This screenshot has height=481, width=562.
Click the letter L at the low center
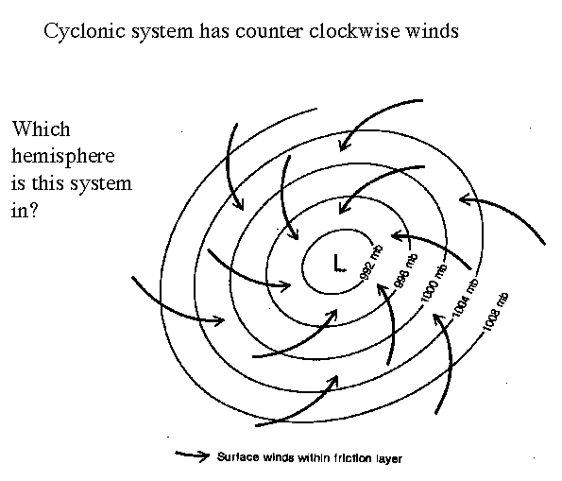click(x=339, y=263)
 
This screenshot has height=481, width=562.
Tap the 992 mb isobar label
click(x=371, y=262)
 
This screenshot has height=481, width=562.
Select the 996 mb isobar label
click(x=406, y=271)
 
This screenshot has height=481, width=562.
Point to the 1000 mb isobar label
click(x=434, y=283)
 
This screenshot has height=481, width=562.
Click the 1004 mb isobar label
click(x=465, y=298)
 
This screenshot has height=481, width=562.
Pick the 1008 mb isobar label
click(x=495, y=312)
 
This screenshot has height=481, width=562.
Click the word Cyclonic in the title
click(x=85, y=31)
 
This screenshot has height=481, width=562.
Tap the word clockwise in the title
click(x=354, y=30)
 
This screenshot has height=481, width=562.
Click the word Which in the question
click(x=42, y=129)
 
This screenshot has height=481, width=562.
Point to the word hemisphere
click(x=62, y=156)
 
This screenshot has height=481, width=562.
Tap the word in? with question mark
click(x=24, y=210)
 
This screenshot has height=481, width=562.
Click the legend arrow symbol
click(x=193, y=455)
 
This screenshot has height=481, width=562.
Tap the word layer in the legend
click(x=389, y=458)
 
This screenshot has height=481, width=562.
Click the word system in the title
click(x=162, y=31)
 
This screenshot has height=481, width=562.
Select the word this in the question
click(x=46, y=183)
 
